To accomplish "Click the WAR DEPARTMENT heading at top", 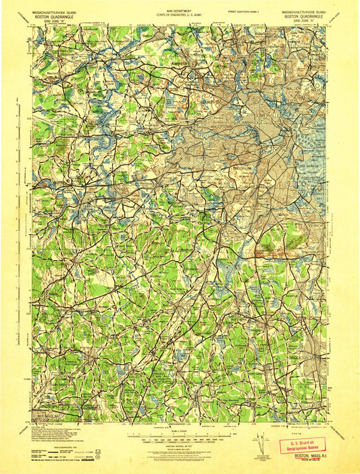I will coord(180,9).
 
